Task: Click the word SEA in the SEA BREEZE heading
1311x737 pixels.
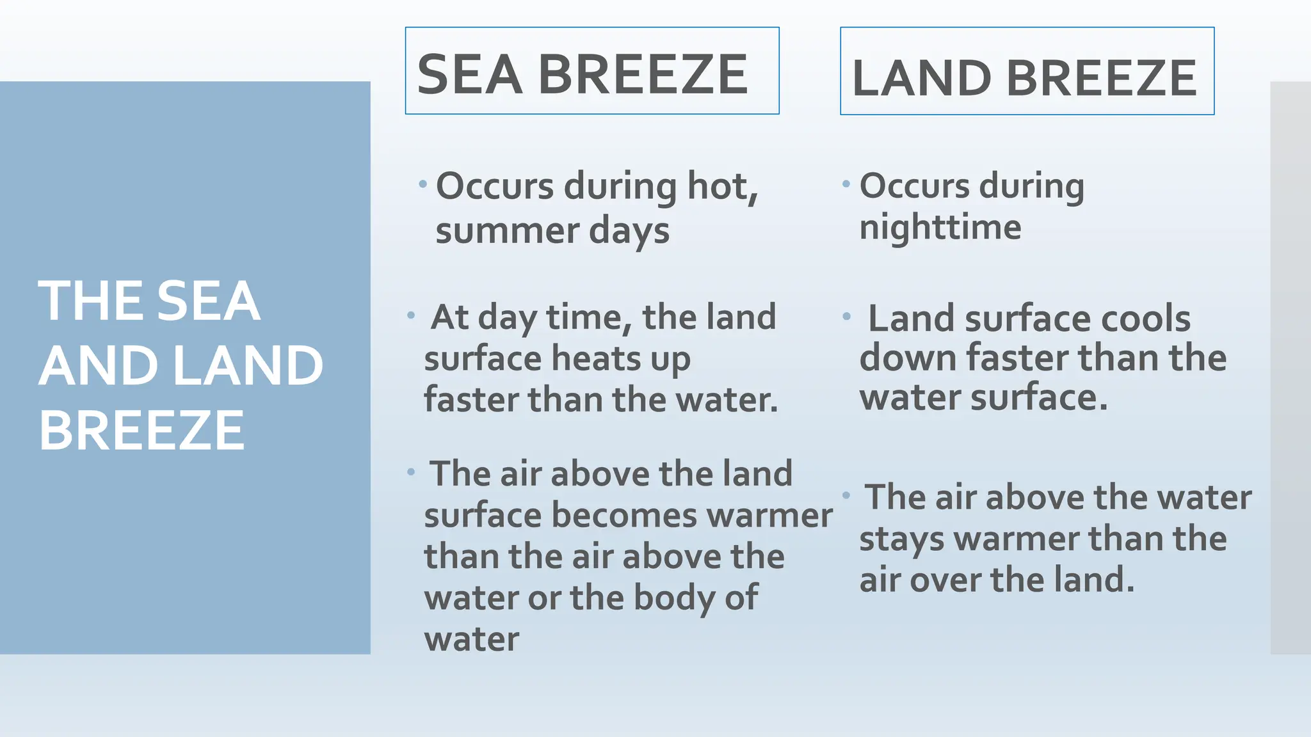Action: click(x=469, y=75)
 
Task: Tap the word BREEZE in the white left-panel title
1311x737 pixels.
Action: click(x=141, y=430)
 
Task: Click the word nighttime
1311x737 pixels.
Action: click(x=940, y=227)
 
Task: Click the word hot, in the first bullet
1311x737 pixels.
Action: click(x=722, y=186)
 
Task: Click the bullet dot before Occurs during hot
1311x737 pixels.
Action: click(x=422, y=184)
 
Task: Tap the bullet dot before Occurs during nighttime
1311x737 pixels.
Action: click(x=846, y=184)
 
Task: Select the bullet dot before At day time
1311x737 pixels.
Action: click(x=411, y=315)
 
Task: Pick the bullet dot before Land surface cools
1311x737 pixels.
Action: click(x=846, y=316)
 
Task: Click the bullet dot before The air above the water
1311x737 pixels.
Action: click(x=846, y=495)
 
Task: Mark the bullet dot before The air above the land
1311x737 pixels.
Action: click(x=411, y=472)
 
